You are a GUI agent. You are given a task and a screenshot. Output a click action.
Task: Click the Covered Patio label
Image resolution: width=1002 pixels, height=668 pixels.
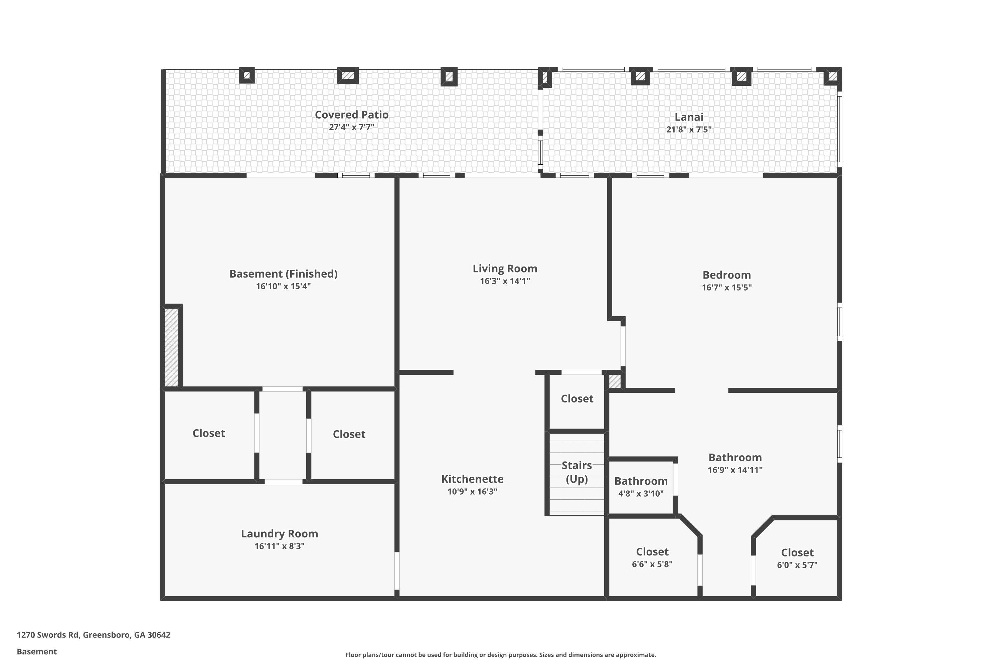pyautogui.click(x=351, y=115)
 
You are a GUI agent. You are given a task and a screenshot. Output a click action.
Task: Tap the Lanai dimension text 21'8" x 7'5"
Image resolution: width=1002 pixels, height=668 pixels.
pyautogui.click(x=688, y=130)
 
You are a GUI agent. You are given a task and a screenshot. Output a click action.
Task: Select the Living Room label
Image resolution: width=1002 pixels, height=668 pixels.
pyautogui.click(x=504, y=269)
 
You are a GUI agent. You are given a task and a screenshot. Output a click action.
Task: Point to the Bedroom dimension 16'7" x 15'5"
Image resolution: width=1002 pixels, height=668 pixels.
pyautogui.click(x=726, y=288)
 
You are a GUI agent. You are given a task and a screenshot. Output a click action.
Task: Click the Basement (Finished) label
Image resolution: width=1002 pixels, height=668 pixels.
pyautogui.click(x=283, y=274)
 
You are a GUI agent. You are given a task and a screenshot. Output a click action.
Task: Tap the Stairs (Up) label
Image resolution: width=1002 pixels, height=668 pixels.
pyautogui.click(x=576, y=472)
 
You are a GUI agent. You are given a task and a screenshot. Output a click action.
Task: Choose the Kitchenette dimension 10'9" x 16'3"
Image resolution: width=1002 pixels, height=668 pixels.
pyautogui.click(x=472, y=492)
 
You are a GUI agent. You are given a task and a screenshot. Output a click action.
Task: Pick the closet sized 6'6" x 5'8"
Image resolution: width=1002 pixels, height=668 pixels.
pyautogui.click(x=652, y=557)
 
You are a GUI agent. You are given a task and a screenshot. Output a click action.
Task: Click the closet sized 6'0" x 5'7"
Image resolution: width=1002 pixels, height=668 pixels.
pyautogui.click(x=797, y=558)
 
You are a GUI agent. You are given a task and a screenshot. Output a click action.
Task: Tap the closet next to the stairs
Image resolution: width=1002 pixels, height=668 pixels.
pyautogui.click(x=577, y=399)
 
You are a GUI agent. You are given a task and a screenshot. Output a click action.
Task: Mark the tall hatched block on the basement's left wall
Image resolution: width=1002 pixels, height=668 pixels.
pyautogui.click(x=171, y=347)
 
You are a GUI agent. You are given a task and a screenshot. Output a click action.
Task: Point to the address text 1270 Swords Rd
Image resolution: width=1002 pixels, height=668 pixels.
pyautogui.click(x=93, y=635)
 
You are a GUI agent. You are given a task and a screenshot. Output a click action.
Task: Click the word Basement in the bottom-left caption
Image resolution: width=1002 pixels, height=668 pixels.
pyautogui.click(x=37, y=651)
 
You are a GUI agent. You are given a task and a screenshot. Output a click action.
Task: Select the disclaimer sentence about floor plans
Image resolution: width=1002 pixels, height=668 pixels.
pyautogui.click(x=501, y=655)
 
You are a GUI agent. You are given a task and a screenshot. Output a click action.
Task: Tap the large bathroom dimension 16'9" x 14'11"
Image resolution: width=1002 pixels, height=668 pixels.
pyautogui.click(x=735, y=470)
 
